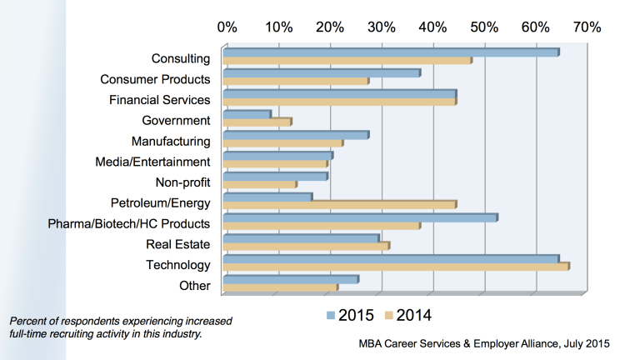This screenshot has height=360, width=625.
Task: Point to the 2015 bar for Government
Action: tap(247, 114)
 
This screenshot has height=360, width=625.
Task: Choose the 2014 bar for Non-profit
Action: tap(259, 184)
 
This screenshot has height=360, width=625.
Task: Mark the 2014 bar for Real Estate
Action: tap(306, 246)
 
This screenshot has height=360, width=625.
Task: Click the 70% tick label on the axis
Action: tap(586, 27)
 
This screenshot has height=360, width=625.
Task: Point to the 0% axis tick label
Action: tap(227, 27)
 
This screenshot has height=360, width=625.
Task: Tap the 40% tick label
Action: tap(432, 27)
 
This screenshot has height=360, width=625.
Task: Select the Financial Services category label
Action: tap(159, 100)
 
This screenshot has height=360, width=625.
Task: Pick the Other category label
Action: tap(194, 286)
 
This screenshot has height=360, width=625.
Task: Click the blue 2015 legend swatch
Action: tap(331, 316)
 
